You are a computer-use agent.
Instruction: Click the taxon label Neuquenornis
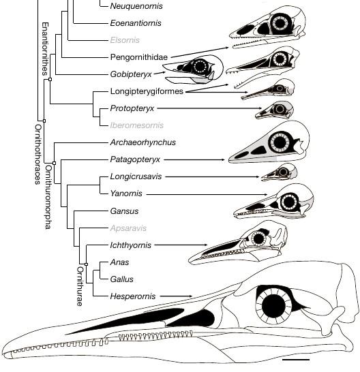pos(136,6)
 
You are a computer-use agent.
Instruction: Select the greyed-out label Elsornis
pos(125,40)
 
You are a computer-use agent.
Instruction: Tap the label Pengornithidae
pos(139,57)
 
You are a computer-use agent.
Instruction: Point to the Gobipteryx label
pos(131,74)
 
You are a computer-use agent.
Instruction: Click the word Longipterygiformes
pos(147,91)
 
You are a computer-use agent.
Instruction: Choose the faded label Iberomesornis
pos(137,125)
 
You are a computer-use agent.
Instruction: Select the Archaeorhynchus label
pos(143,142)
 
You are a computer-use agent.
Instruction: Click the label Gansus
pos(124,211)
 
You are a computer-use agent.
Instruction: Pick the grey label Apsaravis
pos(128,228)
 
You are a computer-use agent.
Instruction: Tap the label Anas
pos(119,262)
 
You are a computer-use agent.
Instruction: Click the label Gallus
pos(121,279)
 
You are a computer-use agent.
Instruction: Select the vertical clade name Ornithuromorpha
pos(48,197)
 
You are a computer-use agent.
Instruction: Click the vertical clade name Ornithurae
pos(80,286)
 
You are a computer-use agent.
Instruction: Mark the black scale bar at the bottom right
pos(296,360)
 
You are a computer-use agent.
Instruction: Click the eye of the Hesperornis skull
pos(273,306)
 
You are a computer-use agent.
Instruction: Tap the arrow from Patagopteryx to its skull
pos(194,159)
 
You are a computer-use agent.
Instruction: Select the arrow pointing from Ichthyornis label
pos(181,245)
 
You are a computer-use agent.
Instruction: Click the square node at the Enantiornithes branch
pos(50,79)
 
